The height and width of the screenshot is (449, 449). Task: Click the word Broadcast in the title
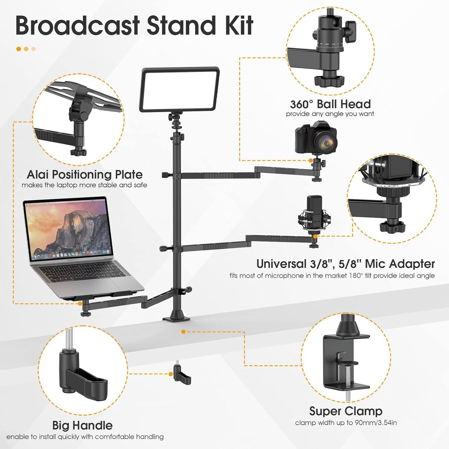tap(77, 25)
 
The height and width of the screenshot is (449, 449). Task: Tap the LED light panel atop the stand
tap(180, 89)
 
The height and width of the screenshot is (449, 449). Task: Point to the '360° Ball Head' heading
tap(330, 104)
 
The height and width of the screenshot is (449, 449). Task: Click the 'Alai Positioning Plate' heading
tap(84, 174)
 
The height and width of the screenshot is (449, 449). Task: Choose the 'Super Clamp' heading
tap(345, 411)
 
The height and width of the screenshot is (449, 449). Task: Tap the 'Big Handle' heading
tap(82, 425)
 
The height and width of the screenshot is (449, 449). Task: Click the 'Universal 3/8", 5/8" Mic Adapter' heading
tap(345, 264)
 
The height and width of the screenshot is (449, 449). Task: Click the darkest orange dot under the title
tap(19, 49)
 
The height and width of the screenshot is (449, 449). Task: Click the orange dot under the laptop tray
tap(80, 303)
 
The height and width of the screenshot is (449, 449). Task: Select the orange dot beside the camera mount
tap(311, 160)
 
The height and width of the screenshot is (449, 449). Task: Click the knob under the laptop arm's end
tap(85, 314)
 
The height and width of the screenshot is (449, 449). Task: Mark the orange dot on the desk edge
tap(183, 332)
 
